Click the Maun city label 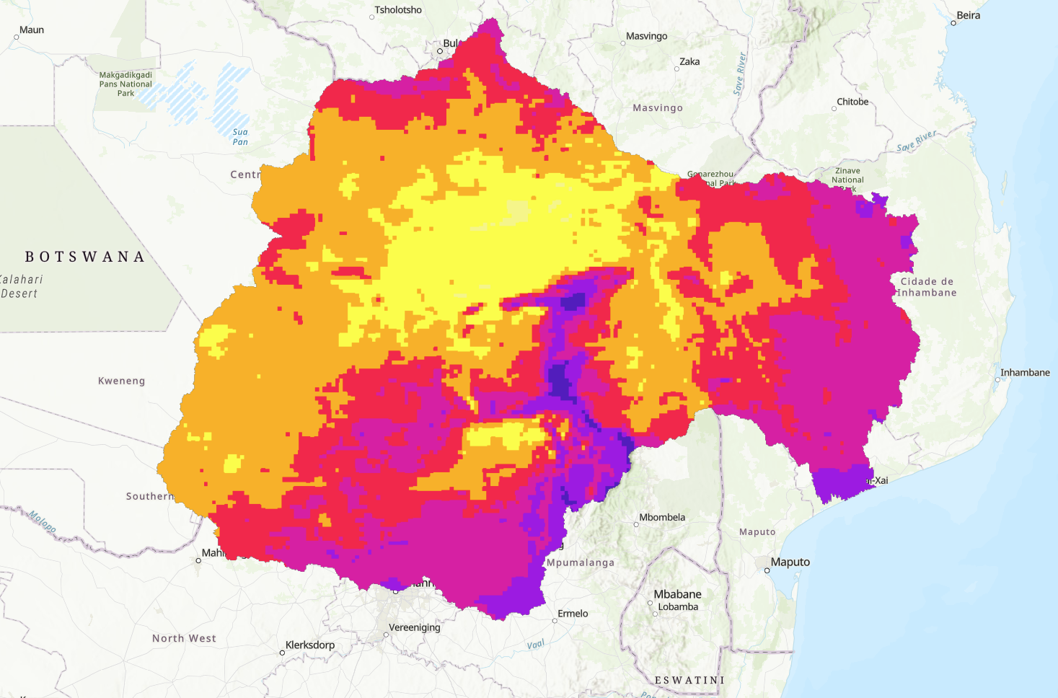point(31,30)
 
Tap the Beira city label point(968,15)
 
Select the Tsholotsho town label point(398,10)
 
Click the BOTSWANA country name point(85,257)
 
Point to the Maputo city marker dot point(767,570)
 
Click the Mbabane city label point(677,594)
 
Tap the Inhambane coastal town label point(1024,372)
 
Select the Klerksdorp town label point(310,645)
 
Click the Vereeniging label point(414,627)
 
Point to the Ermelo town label point(573,614)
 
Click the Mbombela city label point(662,517)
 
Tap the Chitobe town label point(852,102)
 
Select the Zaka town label point(689,61)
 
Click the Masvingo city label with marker point(646,36)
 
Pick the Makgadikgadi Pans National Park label point(125,84)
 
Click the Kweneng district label point(121,381)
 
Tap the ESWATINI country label point(689,680)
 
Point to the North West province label point(184,638)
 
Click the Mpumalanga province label point(581,562)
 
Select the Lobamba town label point(678,607)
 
